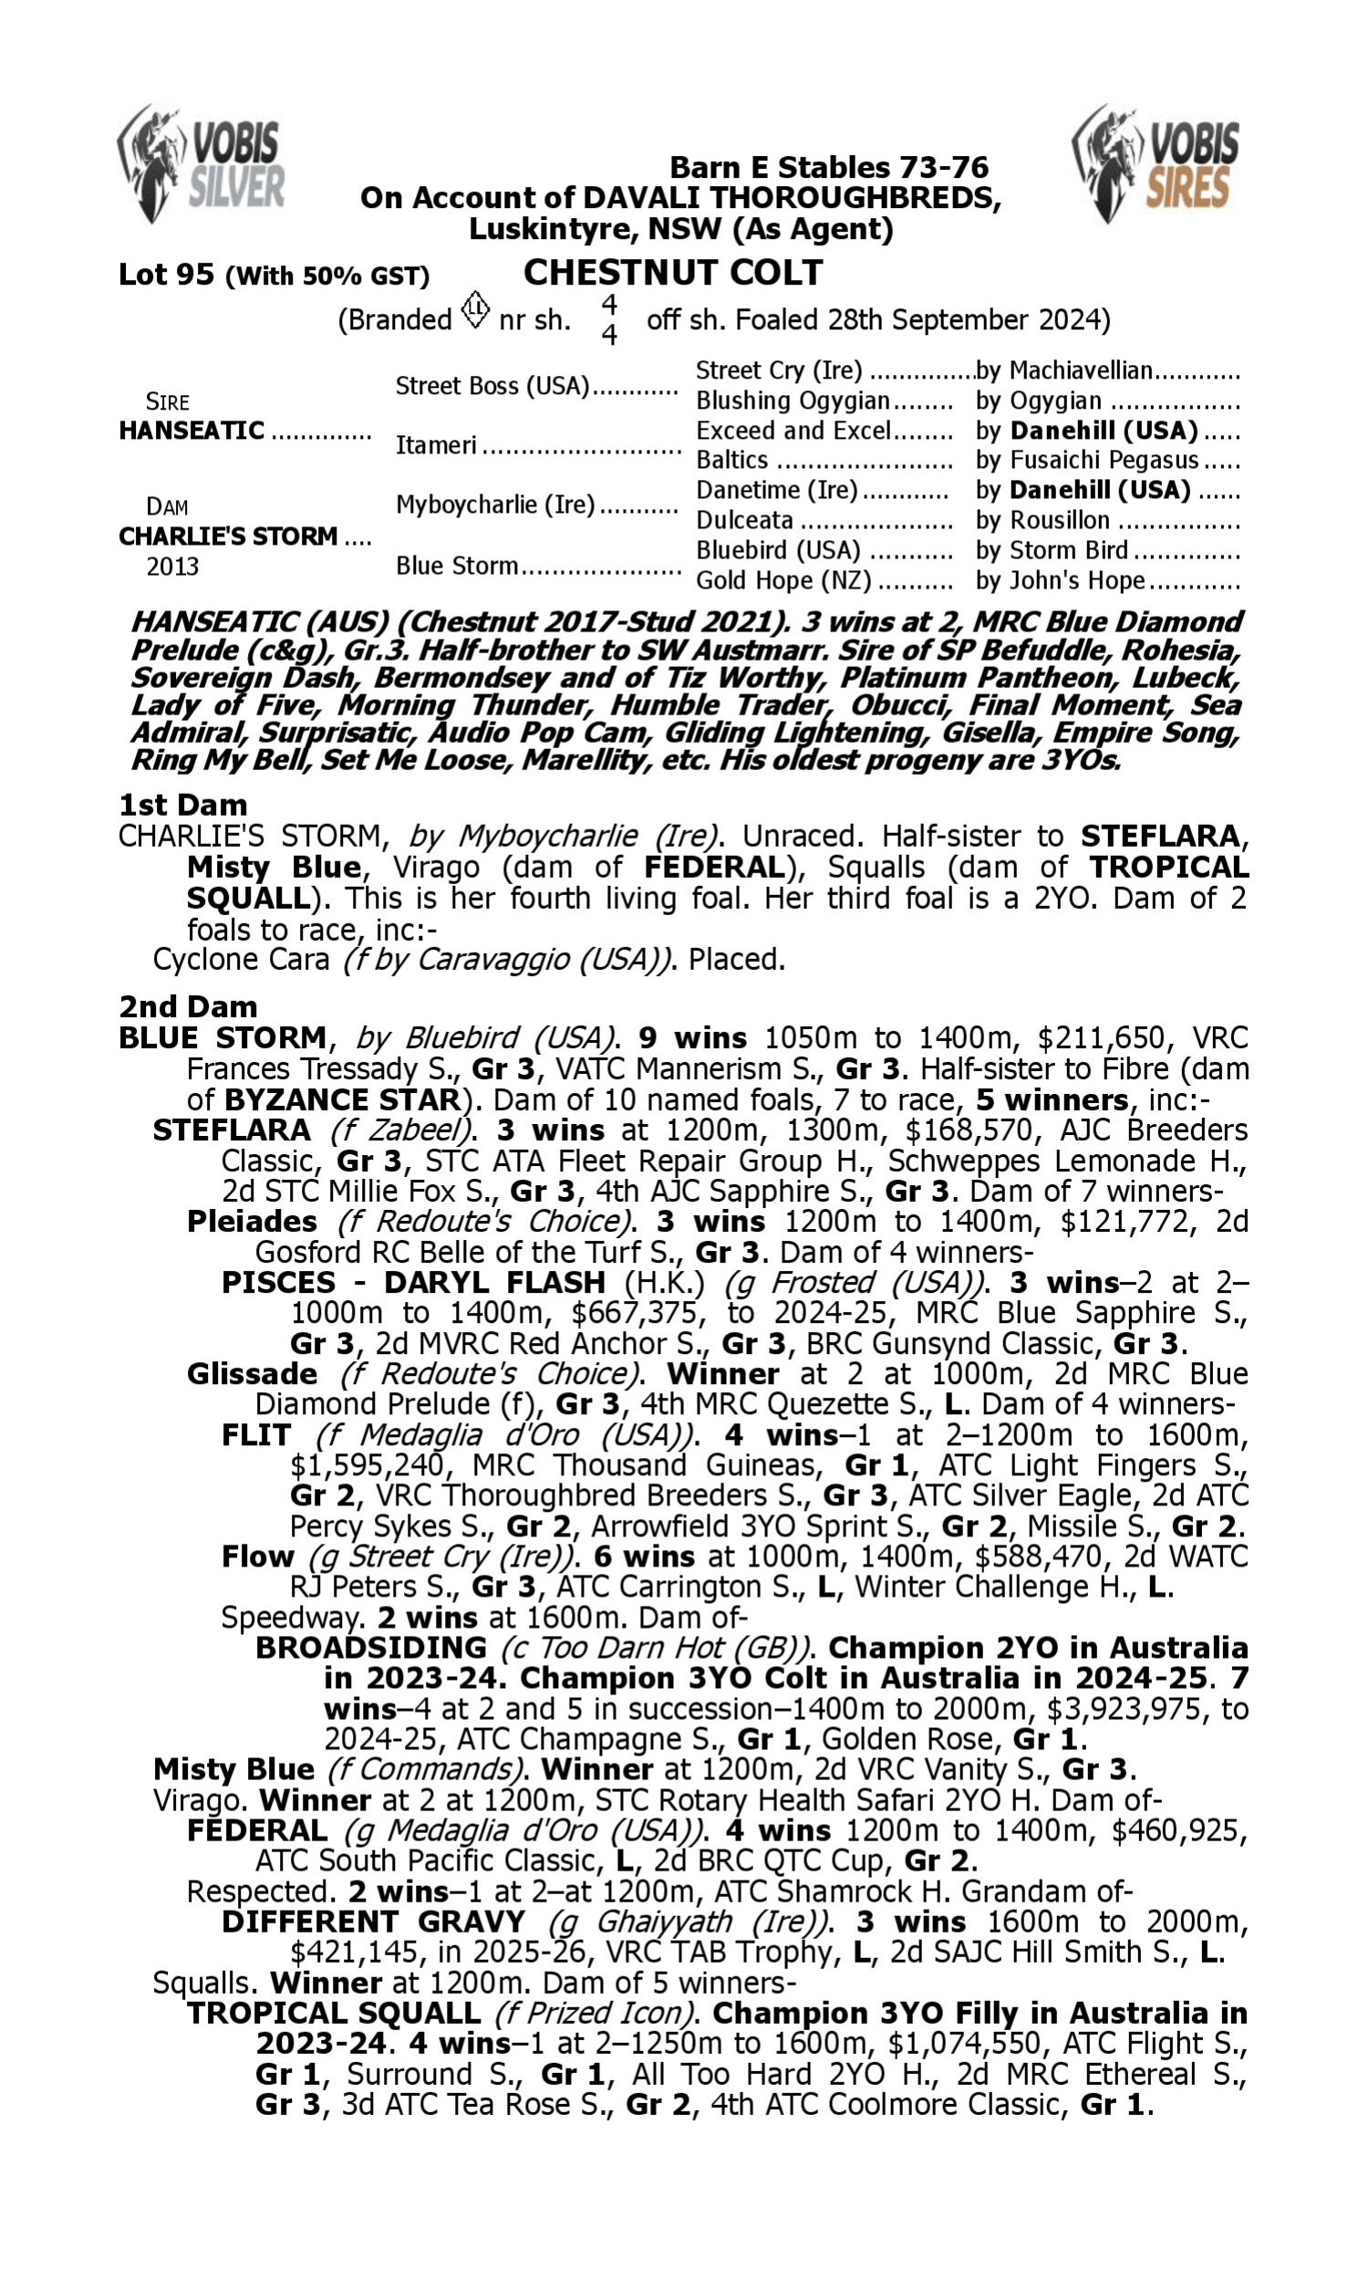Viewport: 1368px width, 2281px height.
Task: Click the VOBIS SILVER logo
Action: pyautogui.click(x=201, y=164)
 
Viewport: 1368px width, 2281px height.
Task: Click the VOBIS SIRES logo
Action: pyautogui.click(x=1156, y=164)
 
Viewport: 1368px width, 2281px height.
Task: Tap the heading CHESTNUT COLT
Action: pyautogui.click(x=672, y=273)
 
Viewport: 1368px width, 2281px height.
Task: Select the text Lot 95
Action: pyautogui.click(x=166, y=275)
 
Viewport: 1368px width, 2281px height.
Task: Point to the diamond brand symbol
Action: pyautogui.click(x=475, y=310)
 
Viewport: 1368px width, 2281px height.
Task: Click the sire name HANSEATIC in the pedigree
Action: pyautogui.click(x=192, y=431)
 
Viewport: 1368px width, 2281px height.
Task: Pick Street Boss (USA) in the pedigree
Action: pyautogui.click(x=492, y=385)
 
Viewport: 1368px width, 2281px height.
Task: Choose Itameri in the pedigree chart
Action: pyautogui.click(x=436, y=445)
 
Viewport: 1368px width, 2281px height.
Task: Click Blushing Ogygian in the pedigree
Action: pyautogui.click(x=793, y=401)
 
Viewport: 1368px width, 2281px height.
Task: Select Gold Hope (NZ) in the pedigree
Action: pyautogui.click(x=782, y=581)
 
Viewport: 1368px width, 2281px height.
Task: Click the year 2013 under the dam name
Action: pyautogui.click(x=172, y=566)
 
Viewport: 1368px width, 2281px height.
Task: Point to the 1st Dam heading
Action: pyautogui.click(x=182, y=805)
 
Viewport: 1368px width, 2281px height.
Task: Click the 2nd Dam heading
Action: pyautogui.click(x=188, y=1005)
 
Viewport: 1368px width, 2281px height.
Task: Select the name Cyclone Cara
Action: pyautogui.click(x=241, y=960)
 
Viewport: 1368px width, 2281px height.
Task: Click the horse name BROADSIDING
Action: pyautogui.click(x=370, y=1648)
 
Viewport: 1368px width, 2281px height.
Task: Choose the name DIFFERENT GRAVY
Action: pyautogui.click(x=373, y=1922)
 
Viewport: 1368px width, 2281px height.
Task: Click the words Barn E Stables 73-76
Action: pyautogui.click(x=828, y=168)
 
